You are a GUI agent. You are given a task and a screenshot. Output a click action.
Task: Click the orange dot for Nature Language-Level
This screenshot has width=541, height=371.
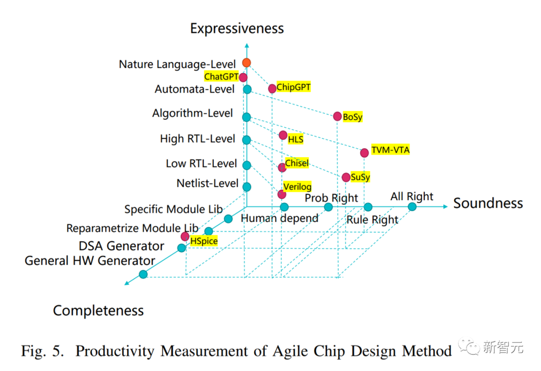point(246,63)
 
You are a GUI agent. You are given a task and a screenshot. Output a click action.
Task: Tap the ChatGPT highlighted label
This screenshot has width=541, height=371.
point(221,77)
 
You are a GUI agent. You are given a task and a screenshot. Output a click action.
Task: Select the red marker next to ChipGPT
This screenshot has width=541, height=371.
point(272,89)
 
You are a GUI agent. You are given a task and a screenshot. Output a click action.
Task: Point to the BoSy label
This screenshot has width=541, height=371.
point(352,117)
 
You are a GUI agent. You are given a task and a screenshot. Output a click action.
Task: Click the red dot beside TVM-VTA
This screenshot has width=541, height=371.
point(364,152)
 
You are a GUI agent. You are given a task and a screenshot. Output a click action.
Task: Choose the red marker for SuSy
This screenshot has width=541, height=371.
point(346,177)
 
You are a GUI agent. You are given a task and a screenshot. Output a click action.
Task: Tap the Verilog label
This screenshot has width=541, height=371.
point(297,187)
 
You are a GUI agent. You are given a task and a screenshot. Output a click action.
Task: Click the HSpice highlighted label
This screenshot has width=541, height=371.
point(203,240)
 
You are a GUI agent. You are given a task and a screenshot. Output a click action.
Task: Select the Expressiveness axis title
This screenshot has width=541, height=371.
point(237,28)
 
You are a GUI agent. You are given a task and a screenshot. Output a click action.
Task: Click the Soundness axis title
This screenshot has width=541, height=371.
point(488,203)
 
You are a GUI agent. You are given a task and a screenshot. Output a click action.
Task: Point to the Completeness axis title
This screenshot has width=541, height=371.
point(98,311)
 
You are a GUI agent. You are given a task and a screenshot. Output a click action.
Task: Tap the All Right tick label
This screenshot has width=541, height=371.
point(412,196)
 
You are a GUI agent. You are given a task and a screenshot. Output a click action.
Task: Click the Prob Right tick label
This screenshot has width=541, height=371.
point(332,198)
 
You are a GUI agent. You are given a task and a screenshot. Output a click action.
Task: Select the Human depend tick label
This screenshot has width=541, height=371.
point(280,218)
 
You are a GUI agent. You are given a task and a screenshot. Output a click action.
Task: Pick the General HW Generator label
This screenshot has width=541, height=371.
point(90,261)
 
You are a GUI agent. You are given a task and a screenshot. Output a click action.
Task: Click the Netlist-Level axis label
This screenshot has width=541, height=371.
point(207,183)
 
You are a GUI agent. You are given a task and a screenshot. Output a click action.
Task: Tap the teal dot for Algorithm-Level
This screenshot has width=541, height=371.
point(246,117)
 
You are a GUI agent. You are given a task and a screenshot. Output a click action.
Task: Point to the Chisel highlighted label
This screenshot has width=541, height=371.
point(297,163)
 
